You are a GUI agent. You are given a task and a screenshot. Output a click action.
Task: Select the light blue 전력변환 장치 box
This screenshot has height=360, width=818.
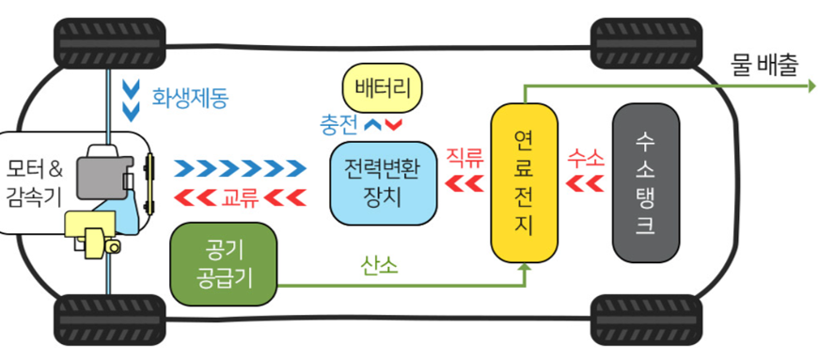point(384,182)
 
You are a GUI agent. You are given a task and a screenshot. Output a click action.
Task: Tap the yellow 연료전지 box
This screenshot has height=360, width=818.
point(525,182)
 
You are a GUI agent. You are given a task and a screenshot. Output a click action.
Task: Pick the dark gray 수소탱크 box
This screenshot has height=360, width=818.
point(645,182)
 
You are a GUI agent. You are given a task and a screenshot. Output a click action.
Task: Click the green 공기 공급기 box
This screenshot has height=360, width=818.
point(224,265)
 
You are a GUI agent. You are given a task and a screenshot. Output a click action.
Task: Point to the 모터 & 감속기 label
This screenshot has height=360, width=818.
point(34,184)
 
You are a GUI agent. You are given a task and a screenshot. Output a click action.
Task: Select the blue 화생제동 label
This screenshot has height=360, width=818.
point(190,95)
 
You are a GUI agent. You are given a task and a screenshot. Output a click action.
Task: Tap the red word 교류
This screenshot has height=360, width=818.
point(240,197)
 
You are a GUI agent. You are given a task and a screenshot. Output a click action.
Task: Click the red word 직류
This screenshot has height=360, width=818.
point(464,157)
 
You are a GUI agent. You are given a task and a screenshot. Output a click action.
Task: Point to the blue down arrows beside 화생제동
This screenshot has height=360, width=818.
point(131,100)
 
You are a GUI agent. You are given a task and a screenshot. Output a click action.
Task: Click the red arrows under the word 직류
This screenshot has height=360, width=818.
point(464,182)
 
